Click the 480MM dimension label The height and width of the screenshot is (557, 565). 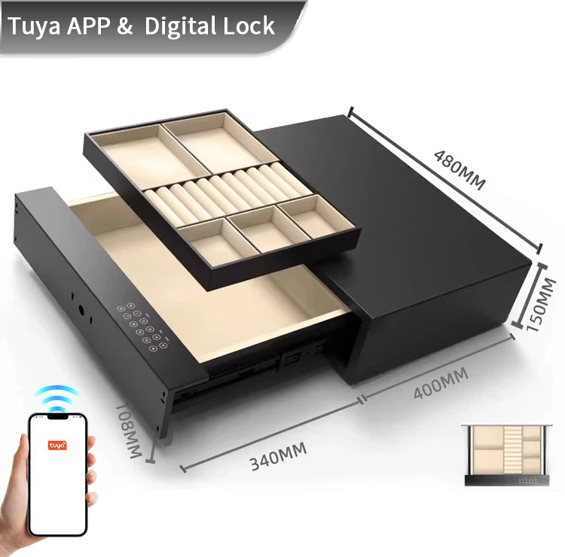point(459,170)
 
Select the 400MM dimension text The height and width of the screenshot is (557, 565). point(441,383)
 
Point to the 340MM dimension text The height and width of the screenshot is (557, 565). point(278,456)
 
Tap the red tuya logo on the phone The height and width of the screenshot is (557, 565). point(57,446)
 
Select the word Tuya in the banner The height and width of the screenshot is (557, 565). point(34,26)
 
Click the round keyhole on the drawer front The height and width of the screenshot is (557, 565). point(81,309)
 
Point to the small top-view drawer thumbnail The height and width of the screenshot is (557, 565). point(506,455)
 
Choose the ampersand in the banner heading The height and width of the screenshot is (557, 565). point(124,26)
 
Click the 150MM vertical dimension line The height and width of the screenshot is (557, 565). point(530,295)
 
